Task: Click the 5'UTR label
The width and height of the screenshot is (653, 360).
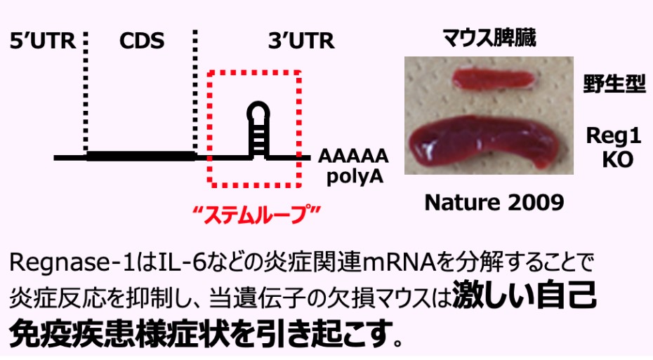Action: pyautogui.click(x=41, y=42)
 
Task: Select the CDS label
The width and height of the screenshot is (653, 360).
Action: pyautogui.click(x=141, y=42)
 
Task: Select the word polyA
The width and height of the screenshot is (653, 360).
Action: pyautogui.click(x=355, y=175)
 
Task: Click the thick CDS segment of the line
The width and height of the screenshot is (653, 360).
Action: pyautogui.click(x=140, y=156)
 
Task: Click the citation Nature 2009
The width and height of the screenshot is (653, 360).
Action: pyautogui.click(x=494, y=203)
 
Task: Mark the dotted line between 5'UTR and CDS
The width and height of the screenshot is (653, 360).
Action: pyautogui.click(x=86, y=91)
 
